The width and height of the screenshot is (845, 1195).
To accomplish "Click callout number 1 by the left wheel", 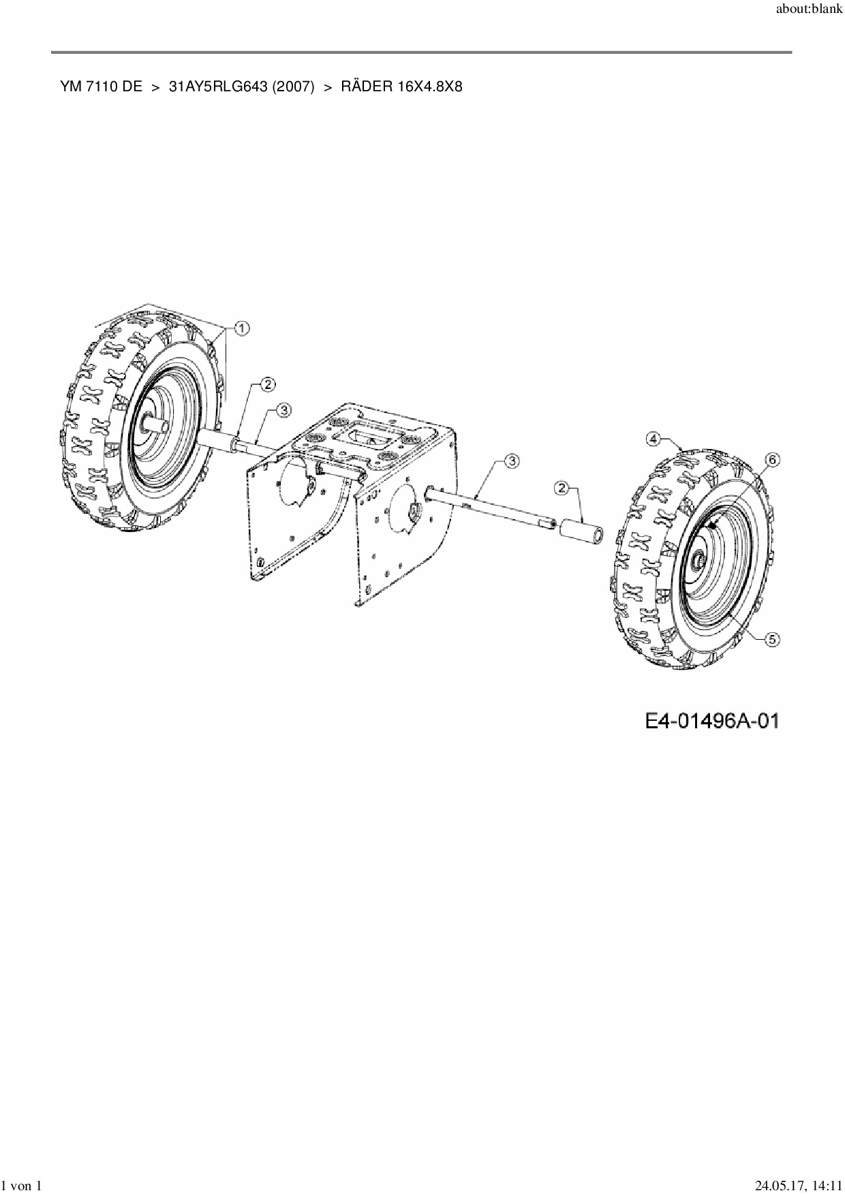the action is point(242,328).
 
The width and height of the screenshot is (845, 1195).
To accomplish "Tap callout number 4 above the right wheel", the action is point(653,439).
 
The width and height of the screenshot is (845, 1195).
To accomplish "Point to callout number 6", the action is point(771,460).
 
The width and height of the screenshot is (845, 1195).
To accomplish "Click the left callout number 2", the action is point(268,384).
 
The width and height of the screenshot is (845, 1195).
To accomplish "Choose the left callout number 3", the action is point(283,409).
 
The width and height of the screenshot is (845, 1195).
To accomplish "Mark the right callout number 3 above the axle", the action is point(511,461).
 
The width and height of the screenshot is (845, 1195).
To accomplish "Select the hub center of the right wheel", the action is point(699,559).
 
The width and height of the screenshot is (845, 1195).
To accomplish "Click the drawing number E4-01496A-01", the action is point(711,721).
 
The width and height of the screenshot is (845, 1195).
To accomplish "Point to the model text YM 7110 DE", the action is point(101,87).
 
